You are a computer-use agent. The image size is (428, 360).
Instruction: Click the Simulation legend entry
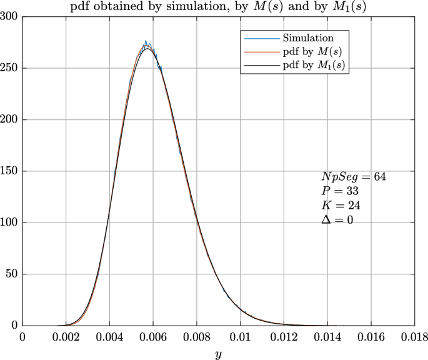click(x=307, y=38)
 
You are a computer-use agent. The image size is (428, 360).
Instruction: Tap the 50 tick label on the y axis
click(x=12, y=274)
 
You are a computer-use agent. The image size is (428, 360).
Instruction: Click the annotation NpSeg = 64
click(x=349, y=177)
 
